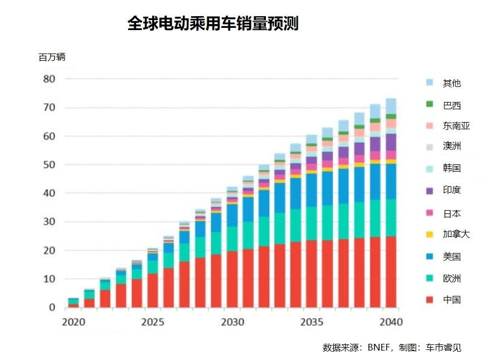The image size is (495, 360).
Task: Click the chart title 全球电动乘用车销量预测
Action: point(213,24)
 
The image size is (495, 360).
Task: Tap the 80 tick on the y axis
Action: point(49,79)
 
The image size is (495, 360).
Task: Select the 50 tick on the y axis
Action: point(49,165)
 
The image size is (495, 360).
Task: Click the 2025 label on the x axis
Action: point(152,322)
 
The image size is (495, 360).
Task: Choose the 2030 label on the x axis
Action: point(232,322)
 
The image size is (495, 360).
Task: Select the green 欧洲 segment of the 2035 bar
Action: point(312,223)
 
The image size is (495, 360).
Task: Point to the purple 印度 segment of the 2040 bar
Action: point(391,142)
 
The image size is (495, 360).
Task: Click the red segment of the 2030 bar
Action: point(232,279)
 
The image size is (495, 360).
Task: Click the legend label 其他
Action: point(452,83)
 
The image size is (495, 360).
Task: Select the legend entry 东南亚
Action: point(456,126)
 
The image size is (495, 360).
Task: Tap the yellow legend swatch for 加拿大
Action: point(429,235)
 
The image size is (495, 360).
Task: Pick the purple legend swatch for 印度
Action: point(429,191)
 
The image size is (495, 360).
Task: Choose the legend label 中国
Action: point(452,300)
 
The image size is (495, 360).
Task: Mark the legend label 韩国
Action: point(452,168)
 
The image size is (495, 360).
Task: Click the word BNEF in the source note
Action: point(379,348)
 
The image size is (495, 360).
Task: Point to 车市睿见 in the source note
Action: point(444,348)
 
